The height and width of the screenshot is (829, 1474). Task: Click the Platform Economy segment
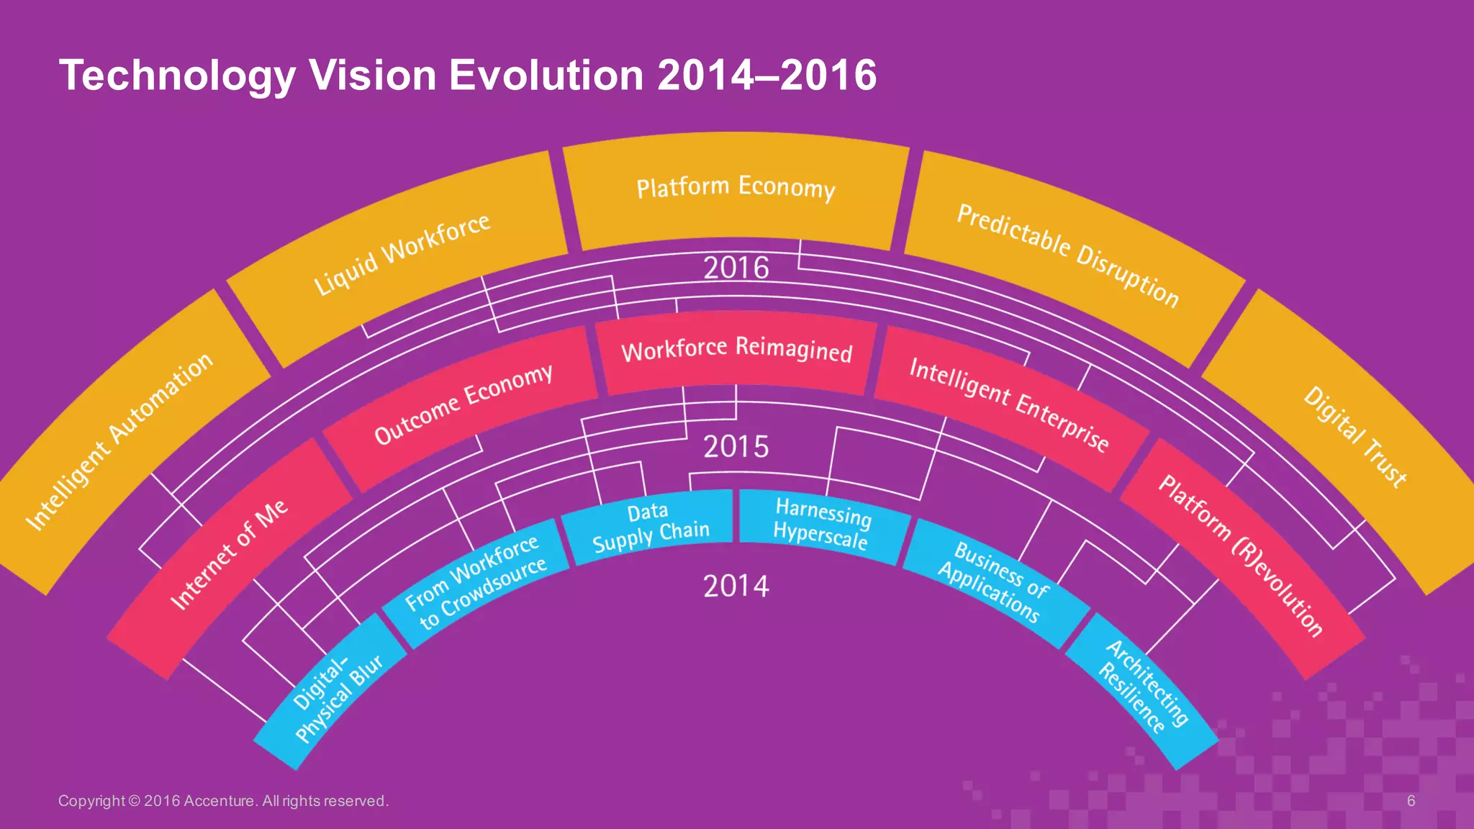coord(736,189)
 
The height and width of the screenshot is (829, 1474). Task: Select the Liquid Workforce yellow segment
coord(402,254)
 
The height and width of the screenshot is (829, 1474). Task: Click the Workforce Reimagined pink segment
coord(736,350)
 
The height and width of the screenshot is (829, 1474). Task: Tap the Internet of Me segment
coord(229,554)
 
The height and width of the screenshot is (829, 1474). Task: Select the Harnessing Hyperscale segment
coord(822,525)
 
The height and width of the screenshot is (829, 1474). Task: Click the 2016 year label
coord(736,268)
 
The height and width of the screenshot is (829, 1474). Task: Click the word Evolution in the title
coord(546,75)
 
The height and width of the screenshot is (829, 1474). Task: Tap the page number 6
coord(1411,801)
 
